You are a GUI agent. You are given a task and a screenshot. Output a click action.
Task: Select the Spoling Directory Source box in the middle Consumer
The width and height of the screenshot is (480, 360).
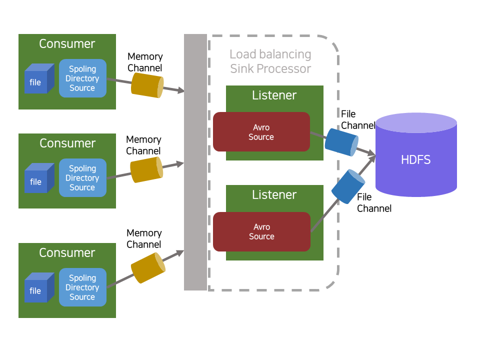pyautogui.click(x=82, y=178)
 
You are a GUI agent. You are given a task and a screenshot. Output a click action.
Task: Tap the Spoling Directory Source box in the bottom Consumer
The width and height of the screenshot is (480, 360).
pyautogui.click(x=82, y=287)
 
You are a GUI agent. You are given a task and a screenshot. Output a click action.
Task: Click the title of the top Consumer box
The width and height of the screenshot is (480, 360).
pyautogui.click(x=67, y=44)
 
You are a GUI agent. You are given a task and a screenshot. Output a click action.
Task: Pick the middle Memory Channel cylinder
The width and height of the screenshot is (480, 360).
pyautogui.click(x=146, y=169)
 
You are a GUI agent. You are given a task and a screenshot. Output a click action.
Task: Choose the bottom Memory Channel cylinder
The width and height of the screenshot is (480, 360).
pyautogui.click(x=148, y=267)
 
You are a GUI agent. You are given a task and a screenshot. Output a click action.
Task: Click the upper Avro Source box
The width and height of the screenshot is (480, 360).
pyautogui.click(x=261, y=132)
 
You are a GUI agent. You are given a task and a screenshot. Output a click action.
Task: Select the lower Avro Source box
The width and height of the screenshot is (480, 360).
pyautogui.click(x=261, y=231)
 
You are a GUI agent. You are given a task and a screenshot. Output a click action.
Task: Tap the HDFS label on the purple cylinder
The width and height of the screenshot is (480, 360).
pyautogui.click(x=416, y=160)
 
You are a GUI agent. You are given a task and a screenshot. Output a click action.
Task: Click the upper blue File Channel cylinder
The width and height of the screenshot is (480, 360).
pyautogui.click(x=342, y=142)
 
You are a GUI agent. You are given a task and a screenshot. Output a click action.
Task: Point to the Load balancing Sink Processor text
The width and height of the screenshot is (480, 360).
pyautogui.click(x=270, y=61)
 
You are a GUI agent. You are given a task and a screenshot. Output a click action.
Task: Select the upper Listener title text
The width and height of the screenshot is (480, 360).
pyautogui.click(x=274, y=95)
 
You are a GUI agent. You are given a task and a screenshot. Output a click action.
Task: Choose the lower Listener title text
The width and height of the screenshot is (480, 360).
pyautogui.click(x=274, y=194)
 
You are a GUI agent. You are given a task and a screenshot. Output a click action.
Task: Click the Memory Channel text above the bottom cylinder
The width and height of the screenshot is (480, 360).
pyautogui.click(x=144, y=238)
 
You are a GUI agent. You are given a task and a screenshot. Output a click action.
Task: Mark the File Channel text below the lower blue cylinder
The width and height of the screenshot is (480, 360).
pyautogui.click(x=374, y=203)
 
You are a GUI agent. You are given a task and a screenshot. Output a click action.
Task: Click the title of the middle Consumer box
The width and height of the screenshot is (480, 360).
pyautogui.click(x=67, y=143)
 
